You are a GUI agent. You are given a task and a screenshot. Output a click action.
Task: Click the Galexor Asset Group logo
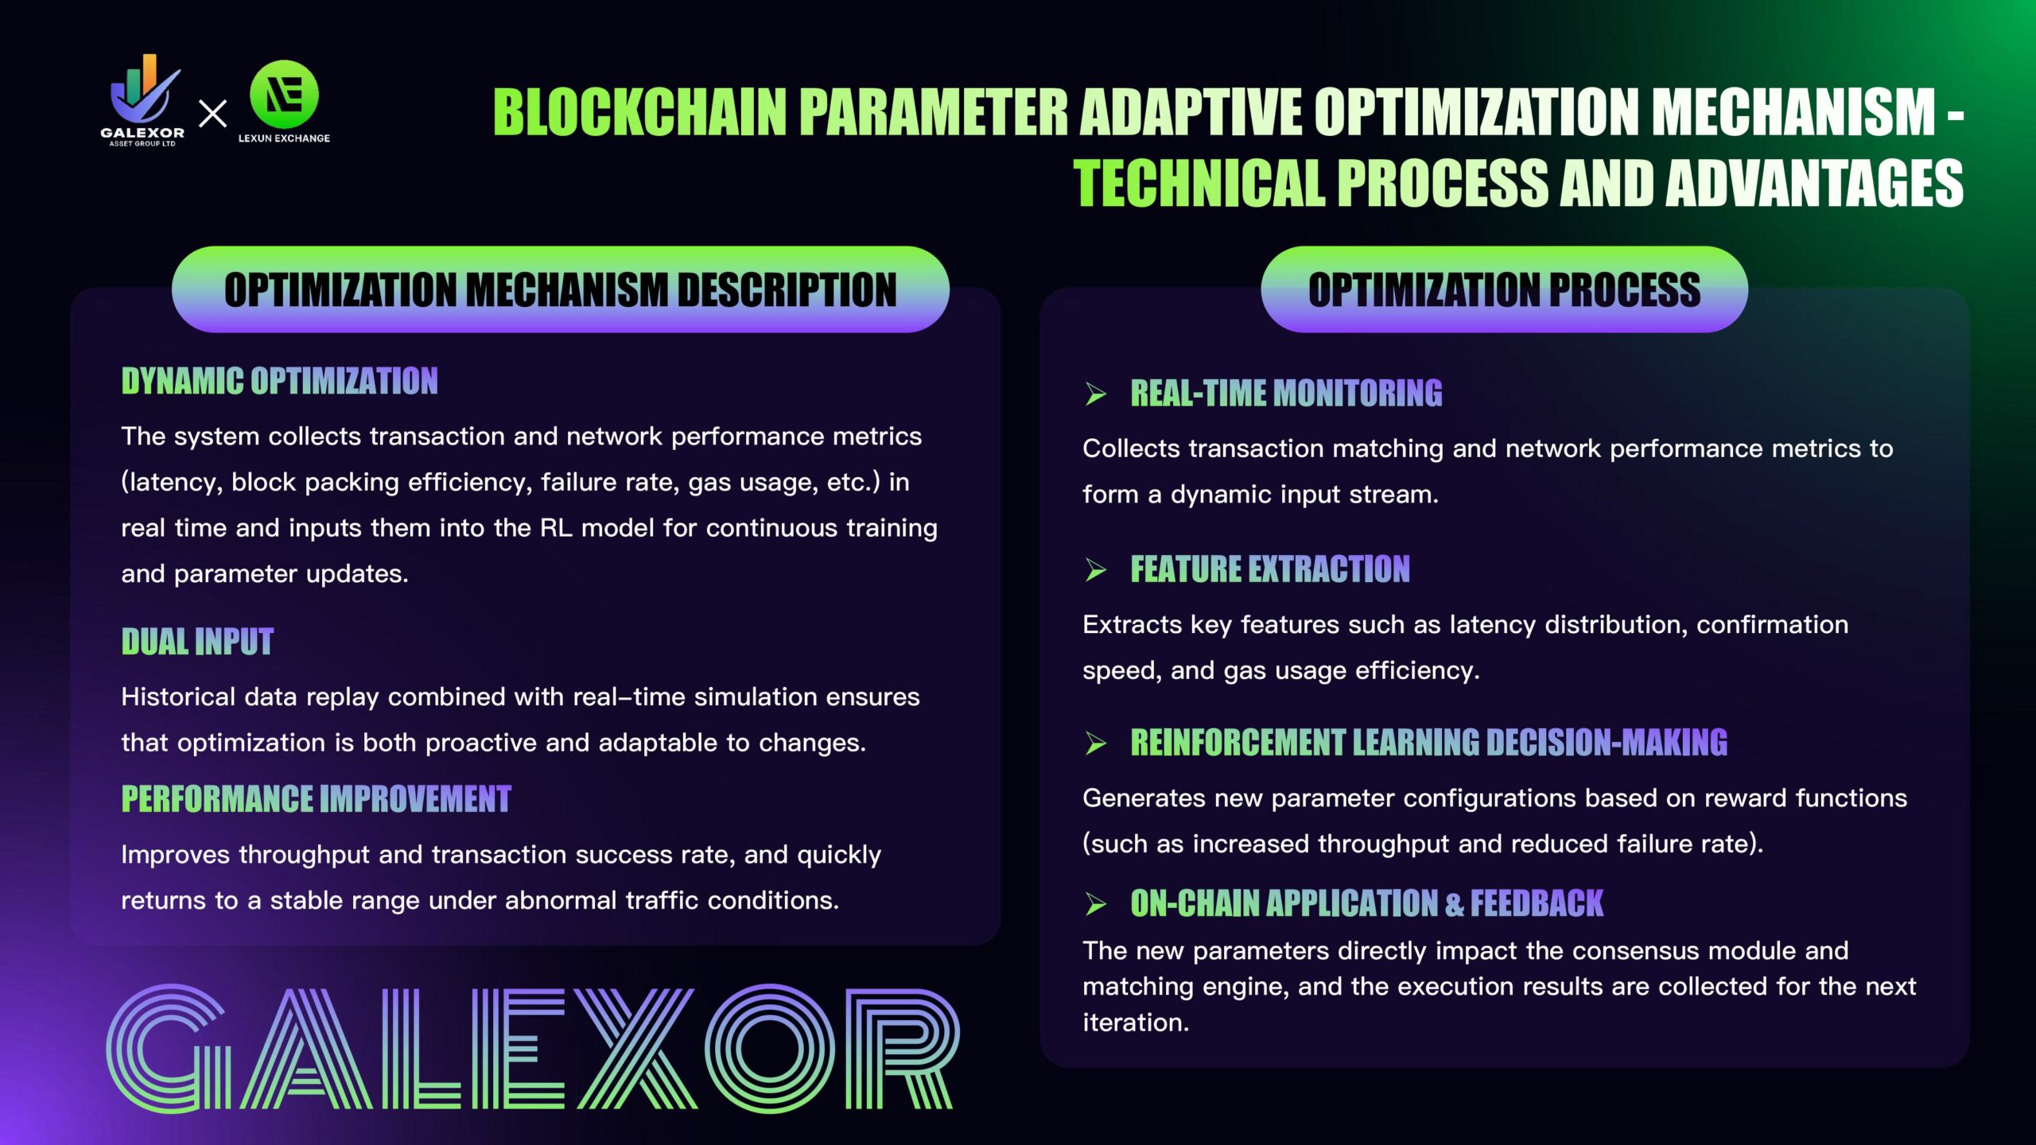[x=142, y=100]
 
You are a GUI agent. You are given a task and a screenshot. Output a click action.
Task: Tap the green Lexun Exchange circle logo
[x=284, y=94]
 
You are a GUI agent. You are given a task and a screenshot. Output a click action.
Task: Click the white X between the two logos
[x=212, y=114]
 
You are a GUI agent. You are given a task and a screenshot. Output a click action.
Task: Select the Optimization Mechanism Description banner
[x=561, y=289]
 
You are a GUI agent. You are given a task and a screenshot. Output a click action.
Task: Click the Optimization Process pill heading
[x=1504, y=289]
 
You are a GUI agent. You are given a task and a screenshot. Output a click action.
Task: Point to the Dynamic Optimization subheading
[x=279, y=381]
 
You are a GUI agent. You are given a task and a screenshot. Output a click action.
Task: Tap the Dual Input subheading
[x=197, y=642]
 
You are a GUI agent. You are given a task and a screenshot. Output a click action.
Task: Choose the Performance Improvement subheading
[x=316, y=799]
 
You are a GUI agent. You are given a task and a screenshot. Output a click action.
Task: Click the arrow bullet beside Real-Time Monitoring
[x=1096, y=394]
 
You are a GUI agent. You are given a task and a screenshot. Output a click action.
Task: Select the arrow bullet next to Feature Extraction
[x=1096, y=570]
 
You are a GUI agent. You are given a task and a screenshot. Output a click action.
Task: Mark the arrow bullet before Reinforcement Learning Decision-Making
[x=1096, y=743]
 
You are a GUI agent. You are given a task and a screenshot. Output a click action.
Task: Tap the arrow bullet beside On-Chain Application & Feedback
[x=1096, y=904]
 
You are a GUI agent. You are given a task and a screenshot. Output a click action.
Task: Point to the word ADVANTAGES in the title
[x=1814, y=183]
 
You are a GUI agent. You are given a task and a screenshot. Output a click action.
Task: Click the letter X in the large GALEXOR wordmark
[x=636, y=1049]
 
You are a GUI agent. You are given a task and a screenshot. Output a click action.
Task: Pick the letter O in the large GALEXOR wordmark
[x=769, y=1049]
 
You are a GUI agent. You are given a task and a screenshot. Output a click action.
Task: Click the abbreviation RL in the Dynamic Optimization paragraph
[x=556, y=528]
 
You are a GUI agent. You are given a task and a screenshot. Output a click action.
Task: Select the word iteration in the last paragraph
[x=1136, y=1023]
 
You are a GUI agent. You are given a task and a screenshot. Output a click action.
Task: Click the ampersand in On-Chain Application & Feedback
[x=1455, y=904]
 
